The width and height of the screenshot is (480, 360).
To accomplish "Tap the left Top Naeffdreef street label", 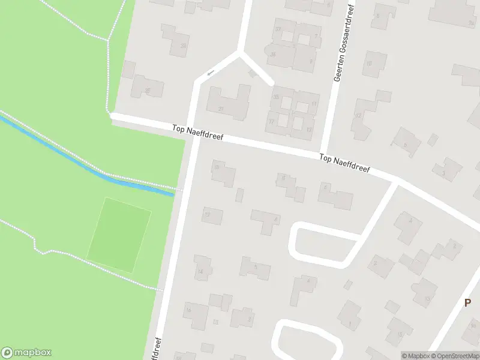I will [197, 133].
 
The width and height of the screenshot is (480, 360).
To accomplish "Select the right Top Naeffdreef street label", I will [344, 164].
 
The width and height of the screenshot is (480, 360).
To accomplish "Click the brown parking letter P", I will [467, 303].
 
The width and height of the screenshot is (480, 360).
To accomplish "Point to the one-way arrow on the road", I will [209, 73].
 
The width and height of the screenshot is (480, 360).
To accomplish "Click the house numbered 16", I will [196, 314].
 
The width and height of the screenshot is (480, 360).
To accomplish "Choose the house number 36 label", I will [273, 54].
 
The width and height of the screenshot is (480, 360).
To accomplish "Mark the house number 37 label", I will [277, 29].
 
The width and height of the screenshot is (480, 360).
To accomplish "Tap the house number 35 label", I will [276, 97].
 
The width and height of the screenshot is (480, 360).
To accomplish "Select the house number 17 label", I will [272, 121].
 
